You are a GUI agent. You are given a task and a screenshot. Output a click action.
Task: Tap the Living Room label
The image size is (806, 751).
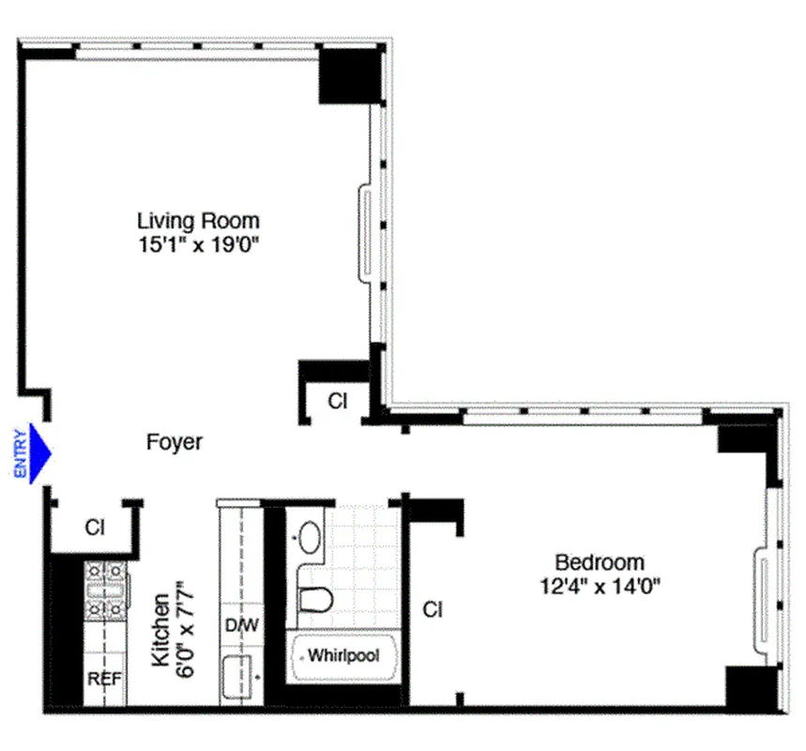198,222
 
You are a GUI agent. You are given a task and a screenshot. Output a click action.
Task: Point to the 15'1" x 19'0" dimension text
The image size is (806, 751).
198,248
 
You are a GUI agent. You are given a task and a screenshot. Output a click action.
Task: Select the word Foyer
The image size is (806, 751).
175,442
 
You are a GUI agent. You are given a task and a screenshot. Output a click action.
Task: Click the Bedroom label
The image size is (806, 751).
600,562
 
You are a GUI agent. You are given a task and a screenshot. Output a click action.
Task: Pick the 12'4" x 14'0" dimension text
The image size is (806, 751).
600,589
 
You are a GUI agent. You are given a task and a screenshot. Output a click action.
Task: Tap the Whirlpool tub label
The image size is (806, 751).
343,655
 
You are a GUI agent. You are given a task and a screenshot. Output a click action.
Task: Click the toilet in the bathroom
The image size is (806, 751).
314,598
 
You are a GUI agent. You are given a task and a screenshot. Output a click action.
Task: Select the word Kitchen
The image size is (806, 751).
160,629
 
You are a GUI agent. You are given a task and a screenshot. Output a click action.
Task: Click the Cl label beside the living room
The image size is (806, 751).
338,401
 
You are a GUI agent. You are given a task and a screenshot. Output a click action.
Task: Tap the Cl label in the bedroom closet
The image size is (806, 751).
432,610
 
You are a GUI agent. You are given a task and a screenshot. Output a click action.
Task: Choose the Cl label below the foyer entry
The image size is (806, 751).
95,528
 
